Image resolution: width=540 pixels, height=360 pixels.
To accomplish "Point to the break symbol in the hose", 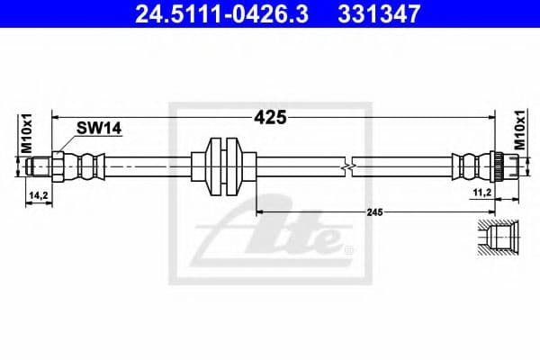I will (x=347, y=166).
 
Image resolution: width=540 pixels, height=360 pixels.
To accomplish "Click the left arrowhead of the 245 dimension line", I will (x=261, y=211).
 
